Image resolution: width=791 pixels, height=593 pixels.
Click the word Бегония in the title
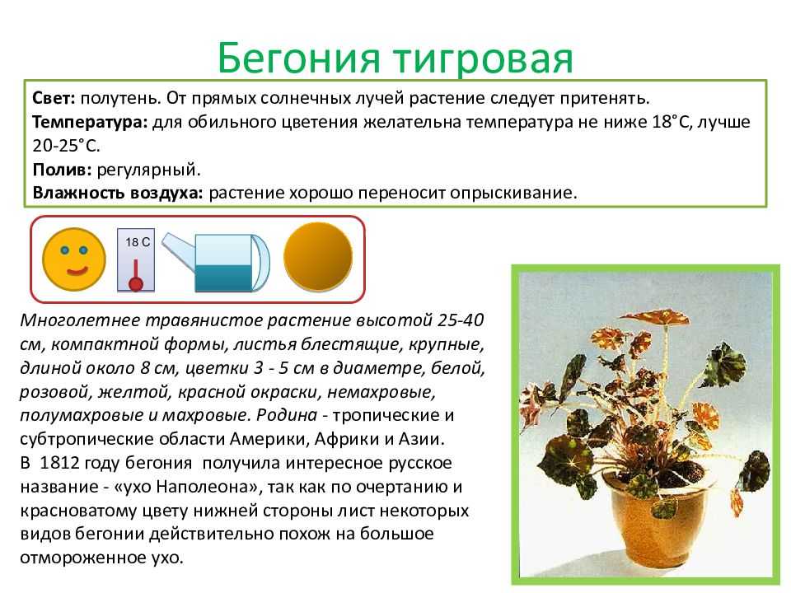coord(298,57)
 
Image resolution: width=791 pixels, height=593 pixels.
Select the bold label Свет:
coord(54,98)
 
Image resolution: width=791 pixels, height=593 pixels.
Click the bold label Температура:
coord(90,122)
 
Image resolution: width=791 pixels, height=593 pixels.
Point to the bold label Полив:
coord(62,170)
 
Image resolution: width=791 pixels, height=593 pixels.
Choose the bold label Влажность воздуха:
coord(118,193)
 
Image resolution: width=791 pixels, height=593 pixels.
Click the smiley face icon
coord(74,259)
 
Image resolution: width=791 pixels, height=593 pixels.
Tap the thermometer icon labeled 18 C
coord(136,260)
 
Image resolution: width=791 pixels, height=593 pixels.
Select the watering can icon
coord(216,262)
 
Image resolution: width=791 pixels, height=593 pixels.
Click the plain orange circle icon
coord(318,257)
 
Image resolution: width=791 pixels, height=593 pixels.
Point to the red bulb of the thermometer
coord(136,284)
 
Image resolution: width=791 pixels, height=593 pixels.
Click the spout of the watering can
coord(179,249)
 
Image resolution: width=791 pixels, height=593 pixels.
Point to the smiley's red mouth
coord(76,272)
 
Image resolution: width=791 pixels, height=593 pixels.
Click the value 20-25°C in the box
coord(67,146)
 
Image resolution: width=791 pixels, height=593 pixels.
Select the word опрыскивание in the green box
coord(513,194)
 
